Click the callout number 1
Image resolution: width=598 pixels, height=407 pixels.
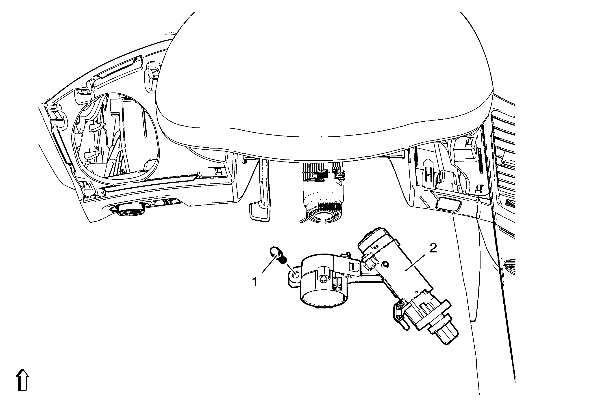pyautogui.click(x=254, y=282)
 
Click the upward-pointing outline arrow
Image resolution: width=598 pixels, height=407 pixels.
pyautogui.click(x=22, y=381)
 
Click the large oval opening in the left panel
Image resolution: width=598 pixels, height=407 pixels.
pyautogui.click(x=115, y=136)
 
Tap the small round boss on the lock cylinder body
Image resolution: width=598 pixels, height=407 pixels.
pyautogui.click(x=385, y=265)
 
